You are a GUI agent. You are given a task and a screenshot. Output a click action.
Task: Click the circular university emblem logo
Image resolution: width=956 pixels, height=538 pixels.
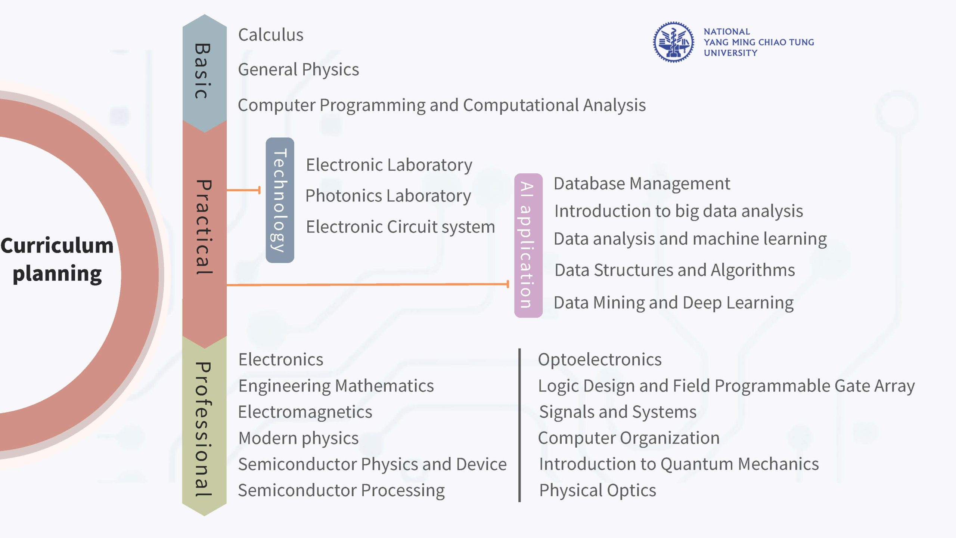pyautogui.click(x=673, y=42)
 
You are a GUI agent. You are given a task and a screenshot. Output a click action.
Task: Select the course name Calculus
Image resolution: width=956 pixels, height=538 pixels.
pyautogui.click(x=271, y=35)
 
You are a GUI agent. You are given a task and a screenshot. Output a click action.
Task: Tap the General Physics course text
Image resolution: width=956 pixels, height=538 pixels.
pyautogui.click(x=298, y=70)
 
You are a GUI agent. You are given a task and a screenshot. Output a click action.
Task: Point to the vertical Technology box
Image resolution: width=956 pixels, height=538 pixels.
pyautogui.click(x=280, y=200)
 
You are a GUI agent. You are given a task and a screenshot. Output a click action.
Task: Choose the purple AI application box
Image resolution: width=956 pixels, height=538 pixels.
pyautogui.click(x=528, y=245)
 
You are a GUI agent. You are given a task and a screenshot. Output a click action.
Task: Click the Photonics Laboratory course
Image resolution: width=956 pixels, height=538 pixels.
pyautogui.click(x=388, y=196)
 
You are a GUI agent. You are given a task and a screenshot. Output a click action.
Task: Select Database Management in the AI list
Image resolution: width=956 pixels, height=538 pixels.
pyautogui.click(x=642, y=183)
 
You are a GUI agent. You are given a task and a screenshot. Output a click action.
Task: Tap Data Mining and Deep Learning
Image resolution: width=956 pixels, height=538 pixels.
pyautogui.click(x=674, y=303)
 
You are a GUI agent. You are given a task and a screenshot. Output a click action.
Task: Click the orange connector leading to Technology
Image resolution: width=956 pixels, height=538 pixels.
pyautogui.click(x=243, y=190)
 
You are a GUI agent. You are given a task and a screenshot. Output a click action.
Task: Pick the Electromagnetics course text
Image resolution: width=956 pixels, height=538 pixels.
pyautogui.click(x=305, y=412)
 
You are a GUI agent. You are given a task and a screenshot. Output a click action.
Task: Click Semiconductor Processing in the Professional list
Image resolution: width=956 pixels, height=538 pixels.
pyautogui.click(x=342, y=491)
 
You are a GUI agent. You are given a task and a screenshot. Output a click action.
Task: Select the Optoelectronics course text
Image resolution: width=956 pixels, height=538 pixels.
pyautogui.click(x=600, y=360)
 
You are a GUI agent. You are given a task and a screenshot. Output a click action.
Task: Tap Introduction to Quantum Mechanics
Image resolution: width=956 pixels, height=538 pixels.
pyautogui.click(x=679, y=464)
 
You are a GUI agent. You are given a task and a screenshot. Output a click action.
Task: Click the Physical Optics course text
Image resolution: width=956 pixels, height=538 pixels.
pyautogui.click(x=597, y=491)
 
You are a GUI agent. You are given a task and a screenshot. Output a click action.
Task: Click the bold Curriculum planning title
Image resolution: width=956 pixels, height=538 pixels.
pyautogui.click(x=57, y=260)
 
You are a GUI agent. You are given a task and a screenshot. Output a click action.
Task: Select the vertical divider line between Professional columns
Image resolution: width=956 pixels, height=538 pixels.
pyautogui.click(x=519, y=425)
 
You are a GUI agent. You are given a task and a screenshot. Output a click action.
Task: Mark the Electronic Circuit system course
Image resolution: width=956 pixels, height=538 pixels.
pyautogui.click(x=400, y=227)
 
